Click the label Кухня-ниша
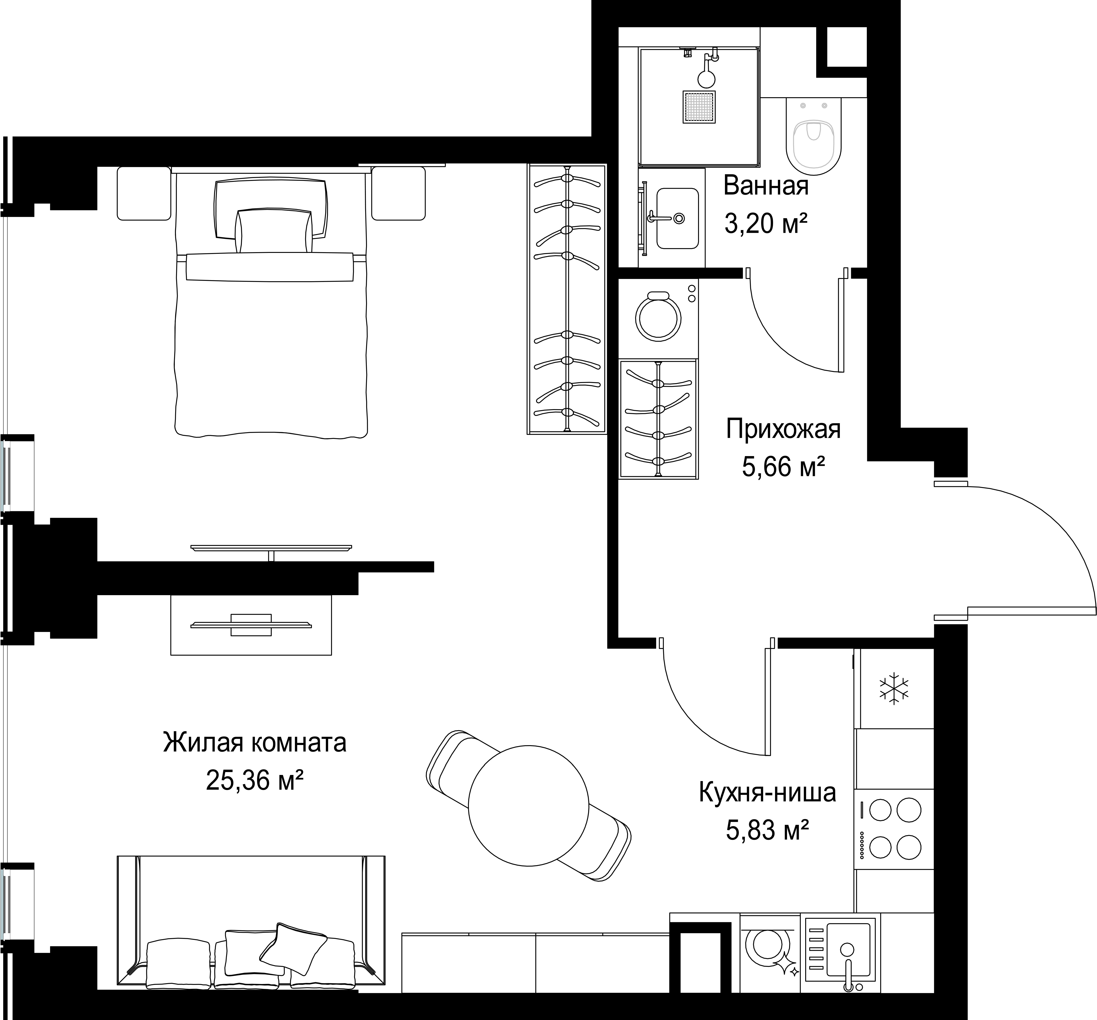click(767, 792)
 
